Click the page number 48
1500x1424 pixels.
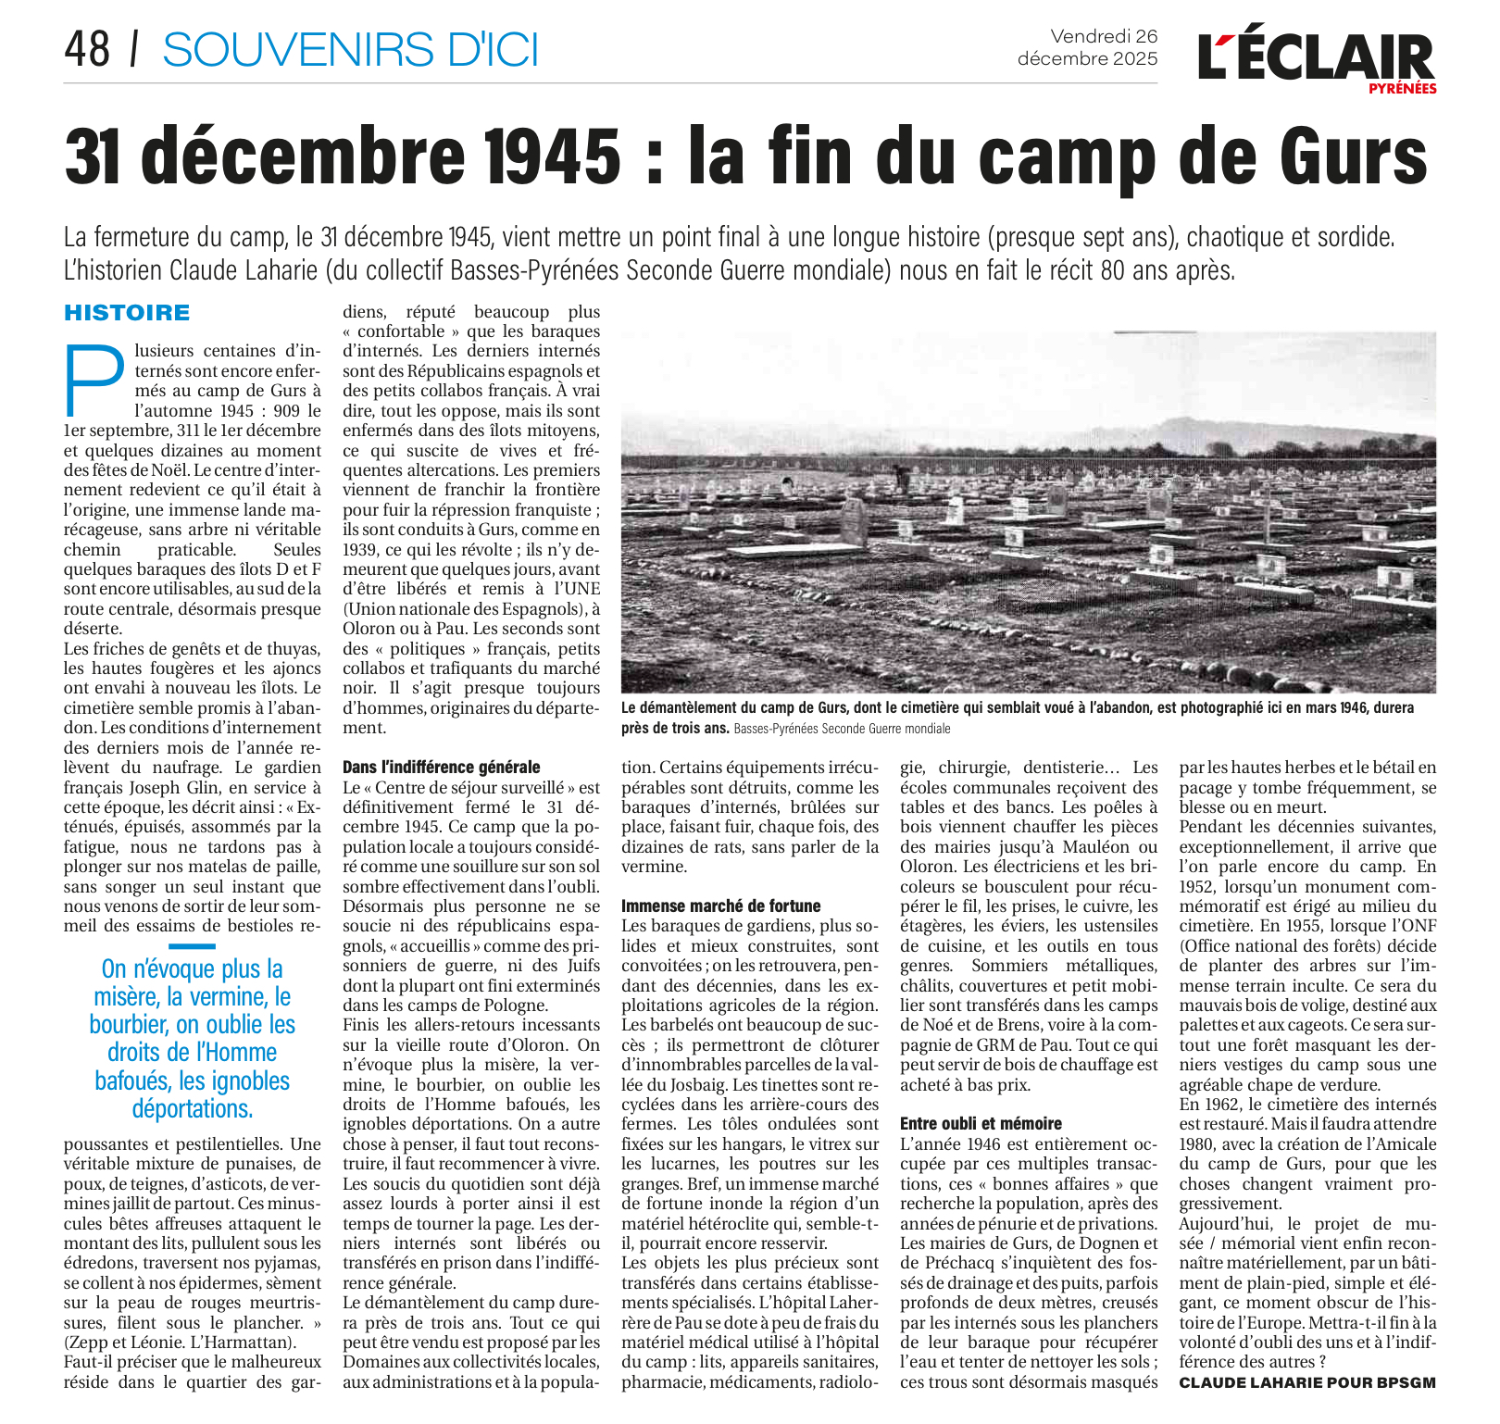87,48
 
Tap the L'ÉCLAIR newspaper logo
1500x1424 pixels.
1315,57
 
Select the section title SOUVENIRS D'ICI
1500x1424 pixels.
350,49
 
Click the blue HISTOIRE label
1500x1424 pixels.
127,313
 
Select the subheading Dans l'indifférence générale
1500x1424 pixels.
441,767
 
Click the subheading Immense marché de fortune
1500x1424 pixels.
720,906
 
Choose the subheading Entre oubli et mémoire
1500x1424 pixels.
981,1123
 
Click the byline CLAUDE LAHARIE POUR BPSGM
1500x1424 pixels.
1307,1382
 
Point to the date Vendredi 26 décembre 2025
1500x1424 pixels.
1088,47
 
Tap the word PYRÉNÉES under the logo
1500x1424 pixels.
1403,89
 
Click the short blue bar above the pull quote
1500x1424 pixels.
193,946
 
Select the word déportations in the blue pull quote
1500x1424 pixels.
193,1108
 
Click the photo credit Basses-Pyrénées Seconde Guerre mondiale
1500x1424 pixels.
842,729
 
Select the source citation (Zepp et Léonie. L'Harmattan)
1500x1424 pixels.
181,1342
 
